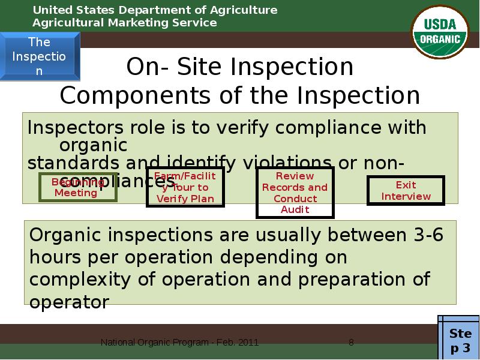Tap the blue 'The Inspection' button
[x=40, y=56]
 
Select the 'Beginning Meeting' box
[x=77, y=187]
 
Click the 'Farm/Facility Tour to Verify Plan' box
[x=185, y=187]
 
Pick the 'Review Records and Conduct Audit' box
[x=295, y=193]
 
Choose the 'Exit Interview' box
[x=406, y=191]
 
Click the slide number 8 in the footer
[x=351, y=343]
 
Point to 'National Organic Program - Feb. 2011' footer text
[x=179, y=343]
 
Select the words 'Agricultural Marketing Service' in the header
[x=124, y=23]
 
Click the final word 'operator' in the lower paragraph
[x=69, y=302]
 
